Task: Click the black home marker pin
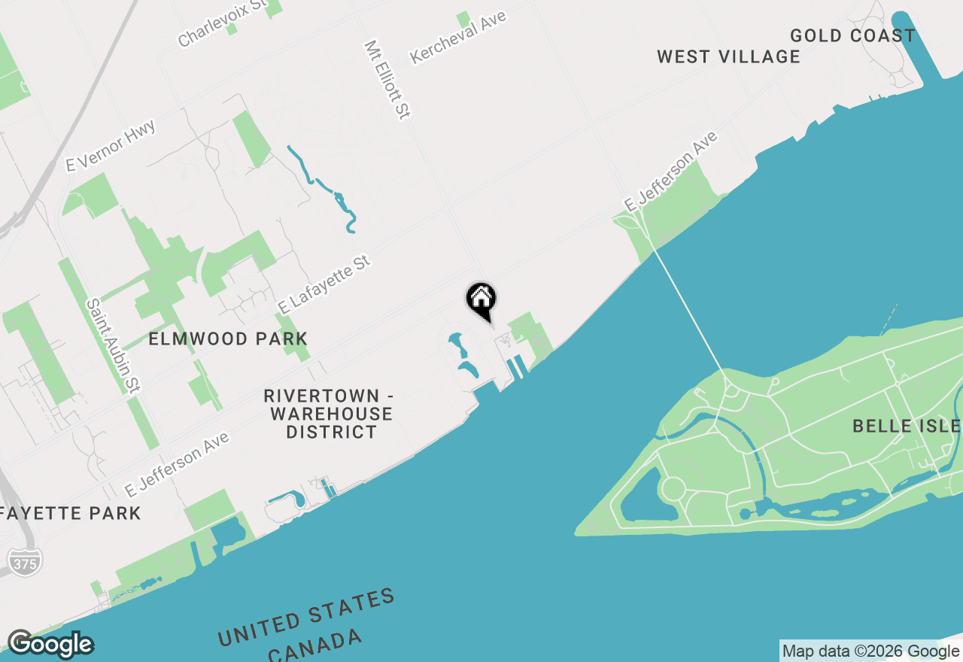point(481,299)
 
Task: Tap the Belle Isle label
point(906,427)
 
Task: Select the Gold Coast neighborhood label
point(852,35)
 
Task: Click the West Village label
point(728,56)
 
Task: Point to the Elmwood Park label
point(228,339)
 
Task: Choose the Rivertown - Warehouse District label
point(330,414)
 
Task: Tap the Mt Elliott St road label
point(387,79)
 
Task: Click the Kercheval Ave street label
point(458,37)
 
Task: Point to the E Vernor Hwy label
point(111,145)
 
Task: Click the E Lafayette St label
point(324,284)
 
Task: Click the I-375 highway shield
point(25,562)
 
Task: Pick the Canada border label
point(315,648)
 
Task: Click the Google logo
point(50,644)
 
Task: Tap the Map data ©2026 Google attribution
point(870,651)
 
